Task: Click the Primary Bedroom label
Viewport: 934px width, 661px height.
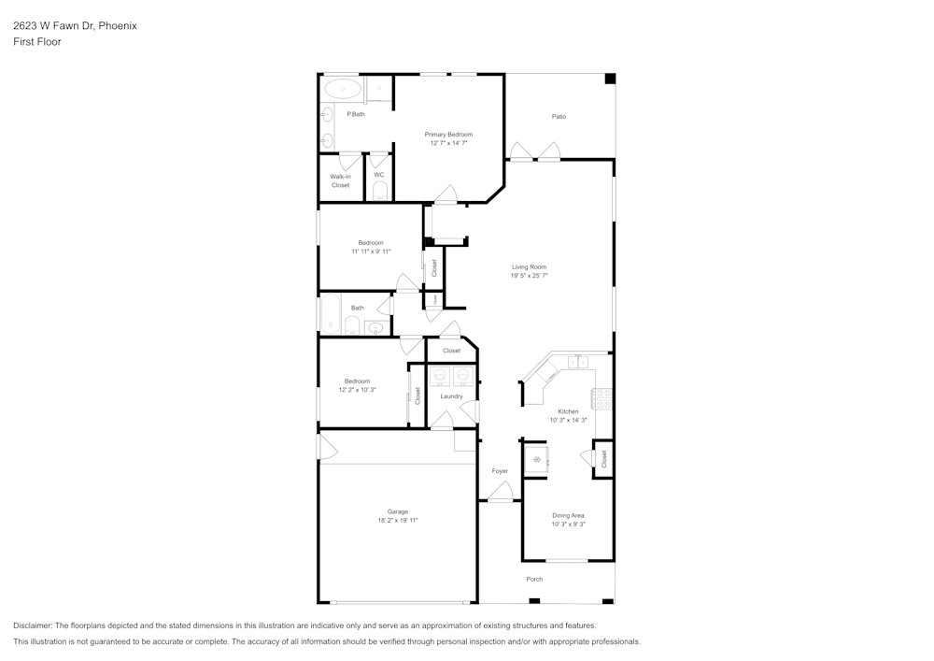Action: click(x=448, y=135)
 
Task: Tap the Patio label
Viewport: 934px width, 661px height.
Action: click(x=559, y=117)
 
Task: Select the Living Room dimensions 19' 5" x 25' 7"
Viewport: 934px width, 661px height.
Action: click(x=529, y=276)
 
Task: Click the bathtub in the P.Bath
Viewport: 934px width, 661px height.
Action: click(x=343, y=90)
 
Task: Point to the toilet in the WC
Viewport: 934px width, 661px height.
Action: click(x=379, y=193)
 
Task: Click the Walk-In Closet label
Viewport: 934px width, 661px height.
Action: click(x=340, y=180)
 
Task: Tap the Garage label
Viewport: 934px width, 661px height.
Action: click(x=398, y=511)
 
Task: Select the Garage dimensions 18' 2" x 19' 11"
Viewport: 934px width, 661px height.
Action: click(x=398, y=520)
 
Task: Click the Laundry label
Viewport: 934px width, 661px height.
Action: click(x=451, y=396)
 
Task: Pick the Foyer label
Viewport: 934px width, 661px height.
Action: click(x=500, y=471)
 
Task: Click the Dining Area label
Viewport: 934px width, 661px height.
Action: click(x=568, y=515)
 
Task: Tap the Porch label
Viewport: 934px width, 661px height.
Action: click(x=534, y=579)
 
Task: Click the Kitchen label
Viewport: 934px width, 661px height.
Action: click(x=568, y=411)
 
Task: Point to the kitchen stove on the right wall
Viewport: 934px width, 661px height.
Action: click(x=603, y=399)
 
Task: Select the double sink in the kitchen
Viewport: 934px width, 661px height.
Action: click(x=578, y=361)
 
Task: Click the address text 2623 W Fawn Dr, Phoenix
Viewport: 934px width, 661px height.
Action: click(x=75, y=26)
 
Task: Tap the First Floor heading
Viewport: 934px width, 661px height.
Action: click(x=37, y=42)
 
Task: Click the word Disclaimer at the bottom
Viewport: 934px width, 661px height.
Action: click(x=33, y=625)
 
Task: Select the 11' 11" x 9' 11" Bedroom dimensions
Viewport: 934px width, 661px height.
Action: click(x=371, y=251)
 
